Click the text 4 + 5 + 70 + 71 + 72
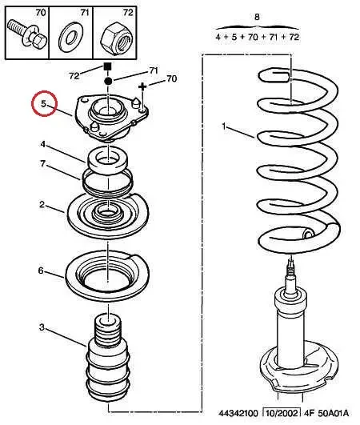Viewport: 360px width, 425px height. (257, 37)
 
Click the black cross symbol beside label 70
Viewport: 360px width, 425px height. (143, 86)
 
